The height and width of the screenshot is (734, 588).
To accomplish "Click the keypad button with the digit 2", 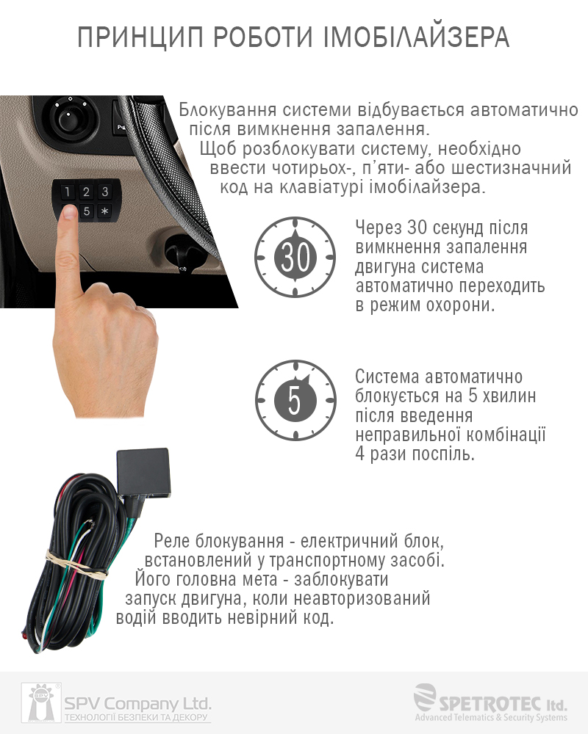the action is point(86,192).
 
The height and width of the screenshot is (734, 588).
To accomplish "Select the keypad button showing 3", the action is point(105,191).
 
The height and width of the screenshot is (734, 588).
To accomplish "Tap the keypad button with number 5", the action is point(87,211).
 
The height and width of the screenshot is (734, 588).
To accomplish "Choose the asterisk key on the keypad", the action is point(105,211).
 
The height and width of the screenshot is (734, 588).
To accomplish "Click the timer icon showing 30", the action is point(295,256).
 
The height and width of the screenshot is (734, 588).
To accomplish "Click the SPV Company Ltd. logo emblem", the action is point(41,702).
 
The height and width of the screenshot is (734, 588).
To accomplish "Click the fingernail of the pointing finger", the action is point(71,212).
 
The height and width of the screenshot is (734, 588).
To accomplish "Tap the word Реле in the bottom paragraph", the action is point(171,541).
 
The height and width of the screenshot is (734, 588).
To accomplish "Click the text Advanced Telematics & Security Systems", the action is point(490,717).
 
